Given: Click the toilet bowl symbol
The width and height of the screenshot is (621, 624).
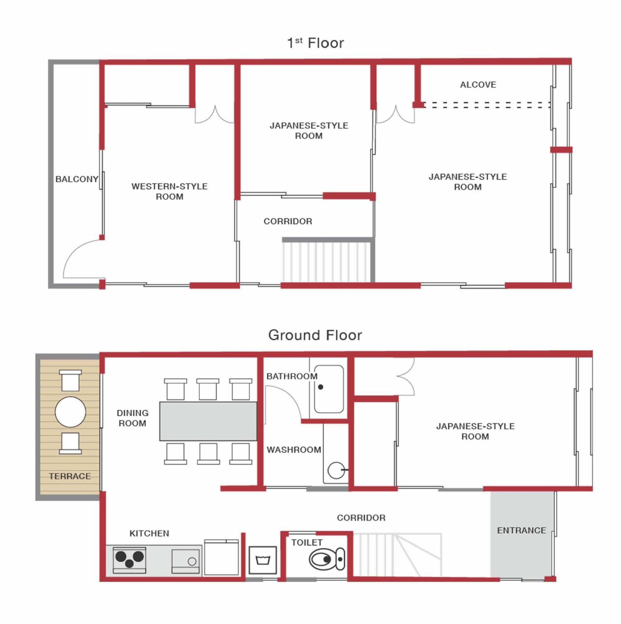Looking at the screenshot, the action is point(327,559).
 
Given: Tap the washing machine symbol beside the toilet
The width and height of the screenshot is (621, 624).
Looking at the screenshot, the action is point(262,560).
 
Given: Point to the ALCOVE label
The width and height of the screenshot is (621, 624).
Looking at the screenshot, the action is point(478,85).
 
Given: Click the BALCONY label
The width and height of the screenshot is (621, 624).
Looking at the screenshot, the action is point(77,179).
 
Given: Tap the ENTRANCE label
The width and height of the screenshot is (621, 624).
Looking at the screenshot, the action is point(521,530).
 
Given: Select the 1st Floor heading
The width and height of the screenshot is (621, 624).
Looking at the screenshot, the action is point(315,43).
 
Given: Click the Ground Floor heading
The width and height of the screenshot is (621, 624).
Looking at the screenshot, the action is point(315,335).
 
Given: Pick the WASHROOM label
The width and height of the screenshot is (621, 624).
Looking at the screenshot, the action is point(294,450).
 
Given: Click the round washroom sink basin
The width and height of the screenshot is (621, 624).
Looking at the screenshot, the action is point(336,470).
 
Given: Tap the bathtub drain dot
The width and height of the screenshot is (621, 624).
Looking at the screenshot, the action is point(320,387).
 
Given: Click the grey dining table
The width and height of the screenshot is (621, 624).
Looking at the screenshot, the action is point(208,421).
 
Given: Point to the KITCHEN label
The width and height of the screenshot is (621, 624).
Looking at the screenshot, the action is point(149,533).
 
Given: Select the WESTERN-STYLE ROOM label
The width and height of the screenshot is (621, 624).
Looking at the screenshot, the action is point(169,191).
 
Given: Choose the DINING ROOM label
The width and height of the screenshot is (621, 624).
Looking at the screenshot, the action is point(133,418).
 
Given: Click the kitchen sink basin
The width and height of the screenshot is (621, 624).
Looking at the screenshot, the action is point(185,561).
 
